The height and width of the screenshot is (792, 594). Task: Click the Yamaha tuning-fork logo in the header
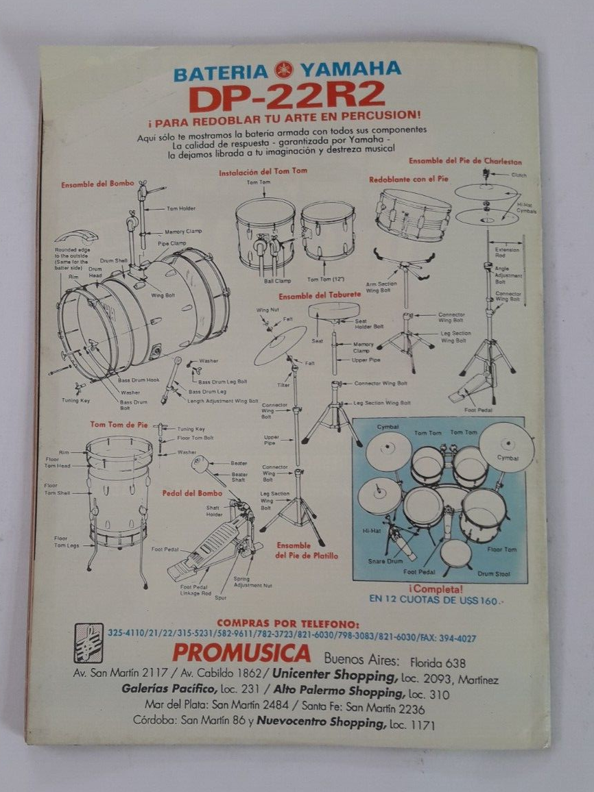click(x=283, y=70)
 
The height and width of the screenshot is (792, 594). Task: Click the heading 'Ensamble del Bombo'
click(x=97, y=184)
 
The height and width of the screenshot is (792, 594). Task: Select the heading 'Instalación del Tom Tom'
click(x=263, y=172)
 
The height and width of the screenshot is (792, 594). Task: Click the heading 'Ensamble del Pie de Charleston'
click(x=465, y=162)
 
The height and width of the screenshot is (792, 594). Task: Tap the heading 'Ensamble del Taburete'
click(x=319, y=296)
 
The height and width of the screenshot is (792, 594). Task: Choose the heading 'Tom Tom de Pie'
click(x=119, y=425)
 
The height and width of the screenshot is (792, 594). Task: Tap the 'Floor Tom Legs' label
click(x=66, y=542)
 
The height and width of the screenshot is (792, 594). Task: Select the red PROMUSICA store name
click(x=250, y=652)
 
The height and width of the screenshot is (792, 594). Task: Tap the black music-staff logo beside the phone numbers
click(x=88, y=643)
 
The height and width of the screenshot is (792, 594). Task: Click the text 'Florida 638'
click(x=438, y=663)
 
